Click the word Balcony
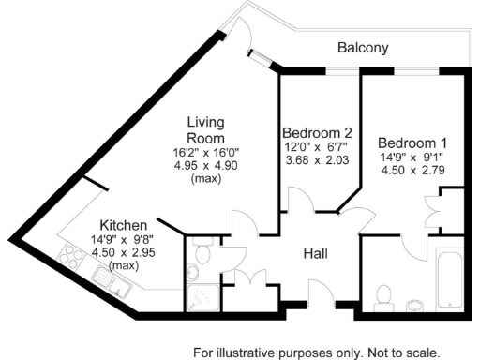pos(363,47)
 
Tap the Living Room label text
pos(204,130)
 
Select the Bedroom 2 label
pos(317,132)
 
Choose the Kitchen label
pos(124,226)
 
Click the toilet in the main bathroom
pos(382,297)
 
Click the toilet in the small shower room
pos(193,273)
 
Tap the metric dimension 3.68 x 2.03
pos(317,160)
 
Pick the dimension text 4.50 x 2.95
pos(124,252)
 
